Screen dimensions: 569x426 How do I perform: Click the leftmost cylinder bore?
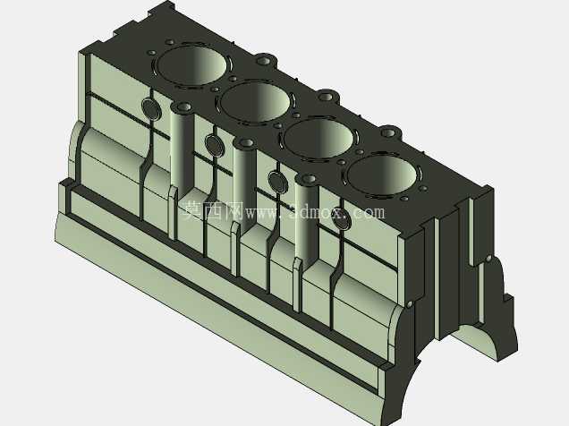click(x=192, y=65)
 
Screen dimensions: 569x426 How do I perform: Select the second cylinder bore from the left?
click(x=256, y=101)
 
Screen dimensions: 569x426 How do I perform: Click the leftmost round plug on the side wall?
click(x=150, y=108)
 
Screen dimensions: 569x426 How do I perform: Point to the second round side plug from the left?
click(x=214, y=144)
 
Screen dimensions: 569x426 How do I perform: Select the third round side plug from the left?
click(x=278, y=183)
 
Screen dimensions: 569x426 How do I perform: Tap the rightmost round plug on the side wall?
click(x=341, y=218)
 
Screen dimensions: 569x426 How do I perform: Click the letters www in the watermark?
click(x=263, y=212)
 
